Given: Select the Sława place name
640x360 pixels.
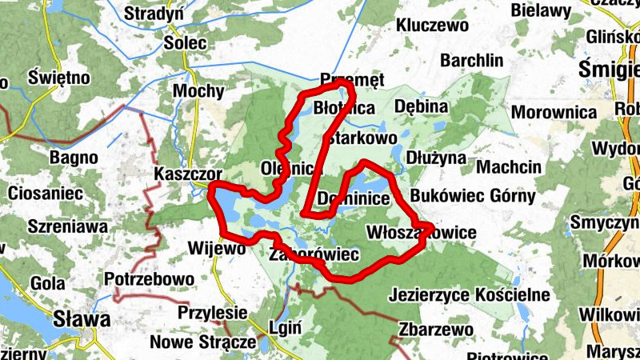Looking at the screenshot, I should click(x=81, y=320).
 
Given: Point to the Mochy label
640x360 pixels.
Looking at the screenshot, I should click(x=198, y=90).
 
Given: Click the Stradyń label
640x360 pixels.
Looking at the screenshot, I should click(x=154, y=14).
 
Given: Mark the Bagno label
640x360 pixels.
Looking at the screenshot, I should click(x=73, y=157).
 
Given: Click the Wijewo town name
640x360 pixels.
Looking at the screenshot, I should click(x=216, y=248).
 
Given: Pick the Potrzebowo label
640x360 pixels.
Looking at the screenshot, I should click(x=150, y=279).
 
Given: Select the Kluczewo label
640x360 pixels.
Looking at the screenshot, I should click(x=432, y=26).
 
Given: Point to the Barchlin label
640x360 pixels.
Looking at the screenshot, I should click(x=472, y=61).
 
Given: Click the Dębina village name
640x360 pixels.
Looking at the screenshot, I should click(x=420, y=106).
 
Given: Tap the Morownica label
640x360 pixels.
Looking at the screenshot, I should click(x=554, y=112).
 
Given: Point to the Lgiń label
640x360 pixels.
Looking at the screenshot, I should click(x=286, y=327).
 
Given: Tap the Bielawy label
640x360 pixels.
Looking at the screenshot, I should click(x=541, y=11).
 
